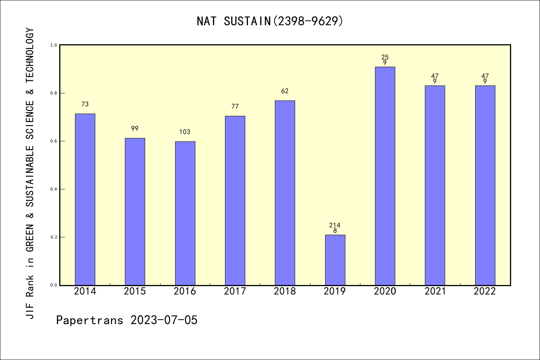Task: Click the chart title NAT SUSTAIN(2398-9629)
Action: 270,21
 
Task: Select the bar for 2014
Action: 85,199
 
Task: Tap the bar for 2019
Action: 335,260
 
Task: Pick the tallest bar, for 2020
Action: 385,176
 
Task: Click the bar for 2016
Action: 185,213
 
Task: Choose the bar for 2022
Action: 485,185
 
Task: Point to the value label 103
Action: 185,132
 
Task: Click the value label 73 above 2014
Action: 85,104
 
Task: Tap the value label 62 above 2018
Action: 285,91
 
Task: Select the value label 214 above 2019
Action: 335,225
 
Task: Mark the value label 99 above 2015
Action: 135,129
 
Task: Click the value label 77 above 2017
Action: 235,106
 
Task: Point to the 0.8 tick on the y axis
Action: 54,93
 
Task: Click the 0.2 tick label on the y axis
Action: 54,237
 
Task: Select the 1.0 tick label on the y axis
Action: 54,45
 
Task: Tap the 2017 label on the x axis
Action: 235,291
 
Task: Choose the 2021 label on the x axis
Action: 435,291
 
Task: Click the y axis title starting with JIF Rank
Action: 30,173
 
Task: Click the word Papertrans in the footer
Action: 90,320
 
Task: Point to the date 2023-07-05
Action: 164,320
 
